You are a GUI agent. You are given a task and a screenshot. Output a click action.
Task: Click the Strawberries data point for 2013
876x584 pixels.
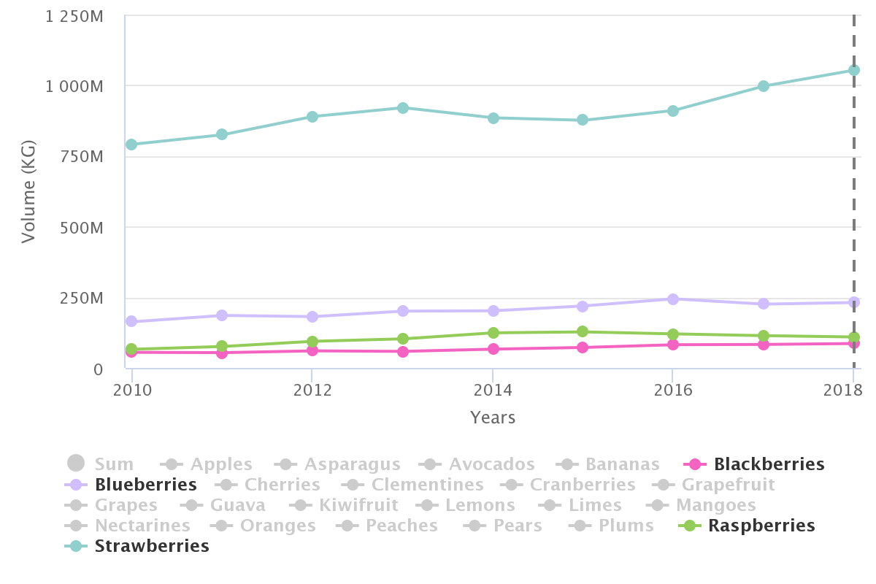point(402,108)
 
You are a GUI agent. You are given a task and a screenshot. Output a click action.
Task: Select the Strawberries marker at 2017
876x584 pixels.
point(764,86)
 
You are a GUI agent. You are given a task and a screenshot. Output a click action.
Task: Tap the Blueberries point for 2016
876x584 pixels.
point(673,299)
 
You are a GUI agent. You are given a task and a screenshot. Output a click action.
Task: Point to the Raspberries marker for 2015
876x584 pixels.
point(583,331)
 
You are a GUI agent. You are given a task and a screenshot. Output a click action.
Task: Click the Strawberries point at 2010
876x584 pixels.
point(131,145)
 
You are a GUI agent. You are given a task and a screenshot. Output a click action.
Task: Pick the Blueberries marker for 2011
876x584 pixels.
point(222,315)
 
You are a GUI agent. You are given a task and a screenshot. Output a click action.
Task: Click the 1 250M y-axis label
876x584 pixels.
point(74,15)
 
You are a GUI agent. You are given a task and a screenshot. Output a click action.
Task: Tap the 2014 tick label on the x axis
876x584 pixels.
point(493,389)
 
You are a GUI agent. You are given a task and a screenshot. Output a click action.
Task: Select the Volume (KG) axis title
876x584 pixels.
point(28,192)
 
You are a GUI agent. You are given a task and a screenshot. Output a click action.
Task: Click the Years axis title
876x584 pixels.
point(493,418)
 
